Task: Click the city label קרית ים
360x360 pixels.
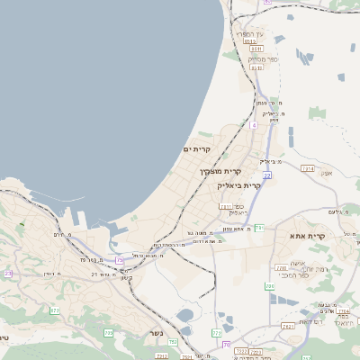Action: click(196, 148)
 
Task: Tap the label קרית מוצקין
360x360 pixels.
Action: click(222, 171)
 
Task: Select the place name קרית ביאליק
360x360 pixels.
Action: click(240, 185)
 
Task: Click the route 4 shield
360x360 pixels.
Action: click(255, 126)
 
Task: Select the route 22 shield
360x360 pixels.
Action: click(267, 175)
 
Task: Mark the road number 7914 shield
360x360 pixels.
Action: click(308, 168)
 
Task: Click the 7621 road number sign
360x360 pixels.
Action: click(224, 206)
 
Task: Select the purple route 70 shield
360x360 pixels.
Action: click(226, 345)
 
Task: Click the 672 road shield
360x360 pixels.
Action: click(55, 310)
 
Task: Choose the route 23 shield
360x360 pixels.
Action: click(9, 273)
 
